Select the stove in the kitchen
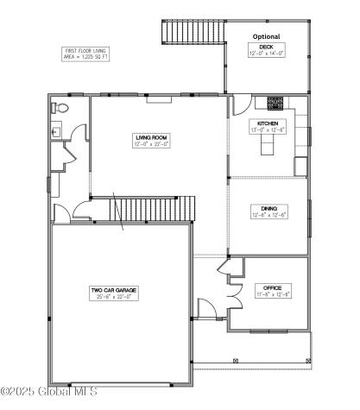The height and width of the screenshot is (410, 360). coord(276,103)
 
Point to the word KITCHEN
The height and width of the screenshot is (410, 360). coord(267,123)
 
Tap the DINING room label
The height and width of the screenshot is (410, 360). coord(268,209)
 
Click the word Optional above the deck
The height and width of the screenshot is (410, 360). coord(267,36)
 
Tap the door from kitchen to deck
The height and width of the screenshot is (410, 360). coord(237,103)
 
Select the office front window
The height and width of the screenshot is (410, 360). coord(269,331)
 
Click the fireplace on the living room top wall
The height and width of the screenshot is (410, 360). coord(158,98)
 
